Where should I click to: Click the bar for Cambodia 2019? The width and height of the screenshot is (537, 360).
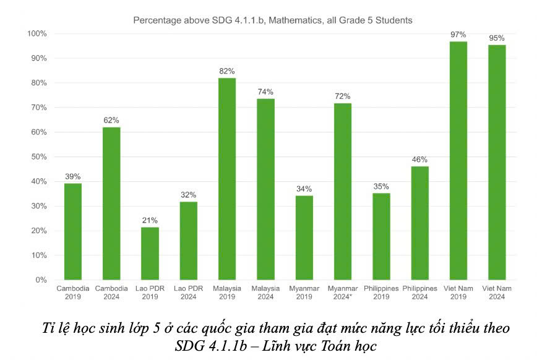tap(73, 232)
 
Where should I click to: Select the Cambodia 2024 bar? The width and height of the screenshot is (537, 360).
tap(111, 204)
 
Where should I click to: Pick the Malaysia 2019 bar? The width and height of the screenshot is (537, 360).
tap(227, 179)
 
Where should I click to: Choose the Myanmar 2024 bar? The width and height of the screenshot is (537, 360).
tap(343, 191)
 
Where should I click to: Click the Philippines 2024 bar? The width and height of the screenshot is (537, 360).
tap(420, 223)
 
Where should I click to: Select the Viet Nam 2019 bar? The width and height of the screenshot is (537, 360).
tap(458, 160)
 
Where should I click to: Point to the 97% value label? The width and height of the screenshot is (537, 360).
tap(458, 34)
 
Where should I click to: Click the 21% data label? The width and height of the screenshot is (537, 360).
tap(150, 220)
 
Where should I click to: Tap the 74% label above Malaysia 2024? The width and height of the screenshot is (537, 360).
tap(265, 92)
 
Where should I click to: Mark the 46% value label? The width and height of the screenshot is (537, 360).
tap(420, 159)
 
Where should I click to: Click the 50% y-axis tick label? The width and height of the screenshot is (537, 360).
tap(39, 157)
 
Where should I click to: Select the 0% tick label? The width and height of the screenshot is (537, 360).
tap(41, 280)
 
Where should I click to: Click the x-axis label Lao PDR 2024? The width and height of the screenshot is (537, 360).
tap(188, 293)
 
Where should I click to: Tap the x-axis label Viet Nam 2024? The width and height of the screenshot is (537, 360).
tap(497, 293)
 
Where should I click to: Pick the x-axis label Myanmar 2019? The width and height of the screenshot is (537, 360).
tap(304, 293)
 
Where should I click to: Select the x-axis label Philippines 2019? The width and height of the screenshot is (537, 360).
tap(381, 293)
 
